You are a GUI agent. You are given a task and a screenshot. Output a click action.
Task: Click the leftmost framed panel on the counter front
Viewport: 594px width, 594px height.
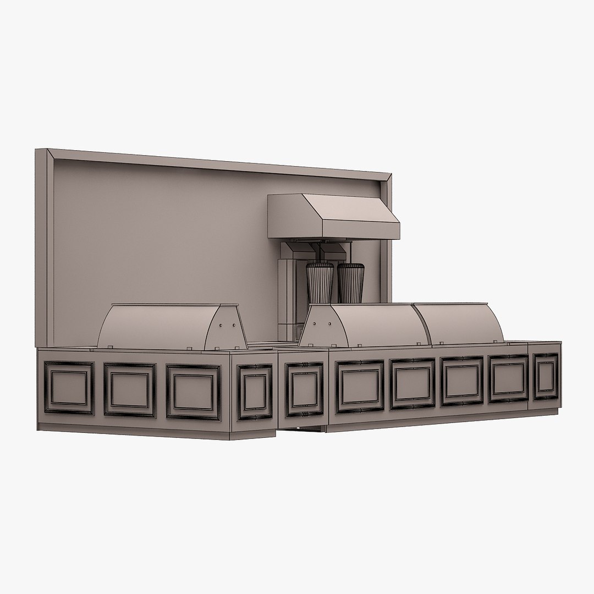click(x=69, y=387)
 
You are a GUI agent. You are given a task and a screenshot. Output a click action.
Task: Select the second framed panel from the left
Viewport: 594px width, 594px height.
click(x=130, y=389)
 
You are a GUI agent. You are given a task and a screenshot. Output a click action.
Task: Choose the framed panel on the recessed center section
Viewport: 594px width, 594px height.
click(x=304, y=389)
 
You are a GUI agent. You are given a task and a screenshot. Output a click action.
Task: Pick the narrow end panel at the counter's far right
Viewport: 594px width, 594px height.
click(x=546, y=376)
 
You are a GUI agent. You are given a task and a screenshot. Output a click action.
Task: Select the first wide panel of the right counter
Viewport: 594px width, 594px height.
click(x=360, y=386)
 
